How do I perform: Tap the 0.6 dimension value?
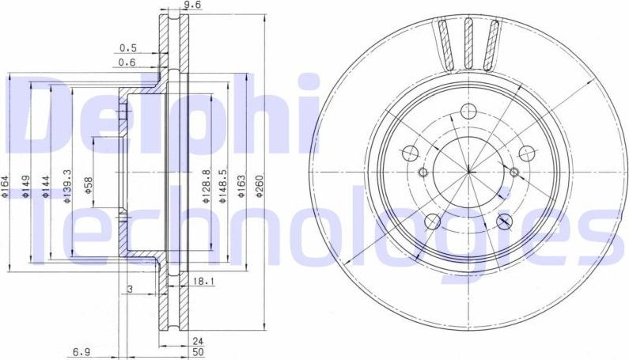point(127,63)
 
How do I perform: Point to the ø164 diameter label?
point(5,187)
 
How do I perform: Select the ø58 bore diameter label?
point(89,187)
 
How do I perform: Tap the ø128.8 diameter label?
point(206,187)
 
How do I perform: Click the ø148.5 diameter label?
point(225,187)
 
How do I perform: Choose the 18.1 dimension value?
point(200,281)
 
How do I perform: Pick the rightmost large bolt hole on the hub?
point(525,153)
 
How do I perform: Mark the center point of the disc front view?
point(468,170)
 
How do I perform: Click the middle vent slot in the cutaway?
point(468,44)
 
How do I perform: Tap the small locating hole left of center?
point(423,173)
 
